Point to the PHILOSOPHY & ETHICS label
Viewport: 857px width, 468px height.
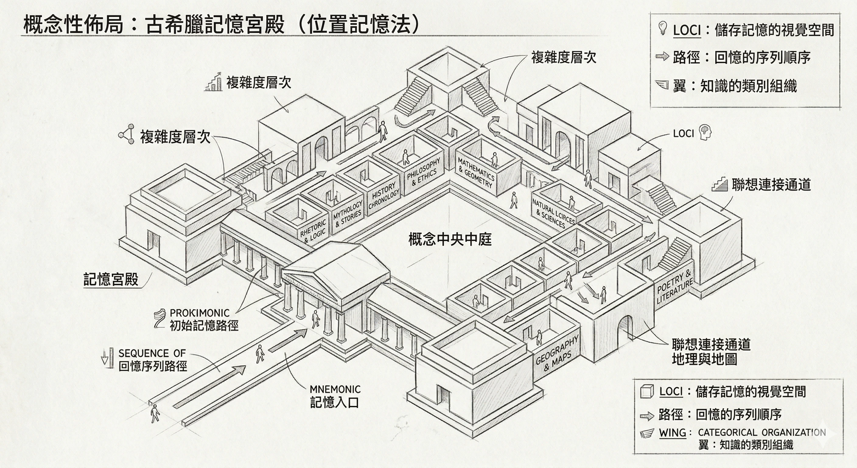pos(424,172)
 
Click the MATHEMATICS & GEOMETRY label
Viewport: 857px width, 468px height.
pos(476,173)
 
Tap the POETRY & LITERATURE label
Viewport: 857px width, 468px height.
pos(675,286)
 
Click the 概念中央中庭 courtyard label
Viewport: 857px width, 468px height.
pos(450,239)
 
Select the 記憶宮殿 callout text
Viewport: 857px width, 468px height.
pos(111,279)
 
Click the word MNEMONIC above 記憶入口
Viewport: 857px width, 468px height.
pos(335,389)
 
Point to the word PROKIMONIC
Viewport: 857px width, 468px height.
pos(200,313)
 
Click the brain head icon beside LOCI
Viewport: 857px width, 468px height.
pos(705,132)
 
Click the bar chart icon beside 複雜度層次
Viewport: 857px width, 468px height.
pos(214,82)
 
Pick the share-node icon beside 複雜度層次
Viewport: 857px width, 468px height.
pos(126,134)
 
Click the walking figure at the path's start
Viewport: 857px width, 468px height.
pos(155,414)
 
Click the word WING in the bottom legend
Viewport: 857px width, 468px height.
pos(672,433)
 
